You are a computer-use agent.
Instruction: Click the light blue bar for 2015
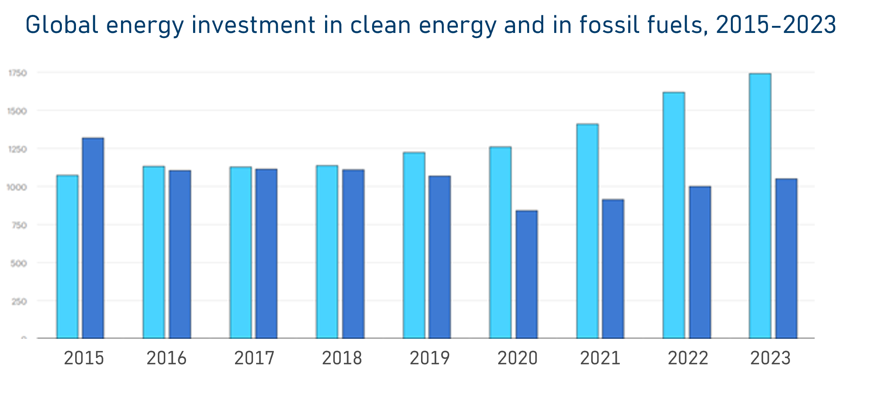[x=67, y=257]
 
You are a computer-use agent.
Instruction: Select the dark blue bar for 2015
[x=93, y=238]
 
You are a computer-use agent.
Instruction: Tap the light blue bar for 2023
[x=760, y=206]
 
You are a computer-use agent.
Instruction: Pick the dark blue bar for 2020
[x=526, y=274]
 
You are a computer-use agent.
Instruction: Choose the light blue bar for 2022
[x=674, y=215]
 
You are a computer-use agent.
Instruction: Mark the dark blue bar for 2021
[x=613, y=269]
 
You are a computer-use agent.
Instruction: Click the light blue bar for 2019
[x=414, y=245]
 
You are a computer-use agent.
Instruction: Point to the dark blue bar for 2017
[x=266, y=254]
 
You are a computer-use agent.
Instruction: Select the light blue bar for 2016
[x=154, y=253]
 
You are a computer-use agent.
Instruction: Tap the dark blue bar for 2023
[x=786, y=258]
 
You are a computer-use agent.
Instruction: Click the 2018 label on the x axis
[x=342, y=358]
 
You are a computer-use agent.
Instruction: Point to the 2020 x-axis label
[x=517, y=358]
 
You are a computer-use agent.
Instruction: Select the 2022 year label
[x=688, y=358]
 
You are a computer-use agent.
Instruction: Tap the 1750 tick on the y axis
[x=18, y=73]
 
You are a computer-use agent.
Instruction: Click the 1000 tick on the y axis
[x=17, y=187]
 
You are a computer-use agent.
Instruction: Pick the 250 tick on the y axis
[x=19, y=302]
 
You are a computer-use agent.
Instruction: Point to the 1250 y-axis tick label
[x=17, y=149]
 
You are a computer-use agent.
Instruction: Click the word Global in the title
[x=62, y=25]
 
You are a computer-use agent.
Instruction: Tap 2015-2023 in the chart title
[x=776, y=25]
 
